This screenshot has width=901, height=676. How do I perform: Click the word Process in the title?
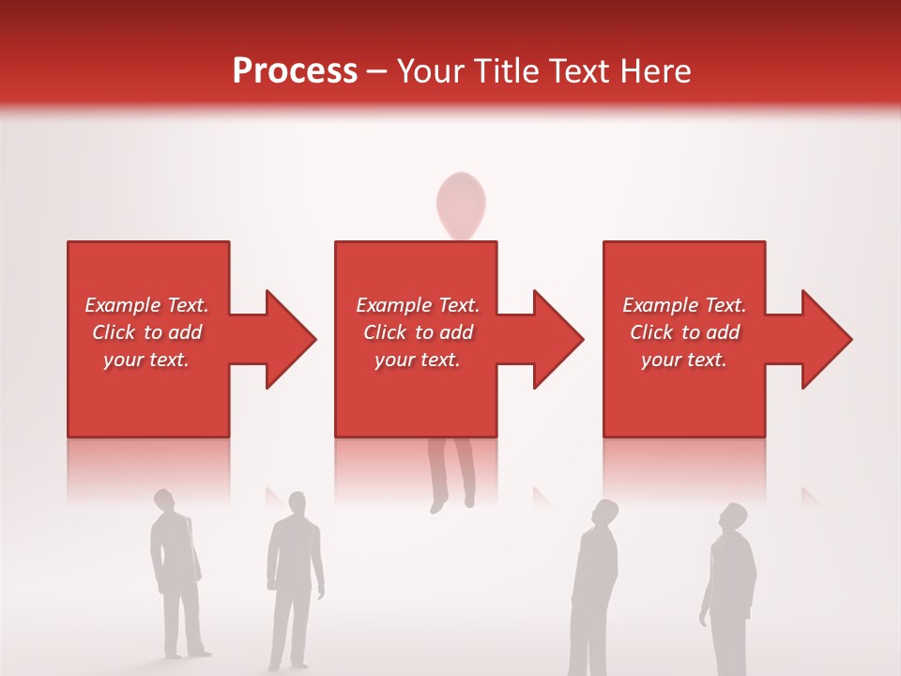coord(295,71)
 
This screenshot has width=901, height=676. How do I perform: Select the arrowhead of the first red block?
coord(287,339)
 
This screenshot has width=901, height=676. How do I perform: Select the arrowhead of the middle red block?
coord(556,339)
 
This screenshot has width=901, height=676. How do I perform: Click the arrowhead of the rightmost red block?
coord(824,339)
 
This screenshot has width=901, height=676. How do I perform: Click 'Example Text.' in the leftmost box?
coord(146,305)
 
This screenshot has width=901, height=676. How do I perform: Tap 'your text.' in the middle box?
coord(417,360)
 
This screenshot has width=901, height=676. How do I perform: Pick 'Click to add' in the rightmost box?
coord(684,332)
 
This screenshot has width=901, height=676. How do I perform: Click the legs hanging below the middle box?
coord(451,474)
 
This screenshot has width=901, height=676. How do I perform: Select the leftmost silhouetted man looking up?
coord(176,573)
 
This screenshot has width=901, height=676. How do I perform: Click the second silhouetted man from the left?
coord(294,577)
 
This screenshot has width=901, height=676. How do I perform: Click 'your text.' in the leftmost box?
coord(146,360)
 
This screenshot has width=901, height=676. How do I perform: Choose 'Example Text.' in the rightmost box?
coord(684,305)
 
